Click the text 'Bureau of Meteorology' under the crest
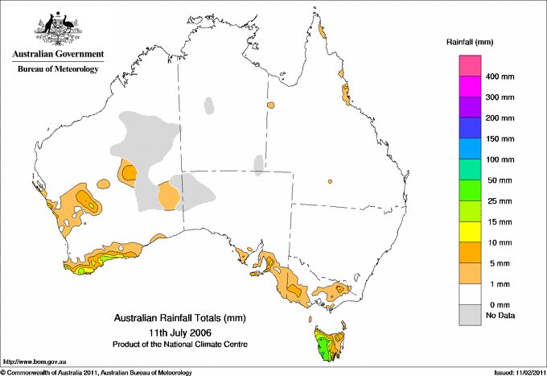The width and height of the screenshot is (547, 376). coord(57,69)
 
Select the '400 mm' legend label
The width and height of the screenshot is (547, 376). coord(500,76)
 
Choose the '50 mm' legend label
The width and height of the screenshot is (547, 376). coord(498,180)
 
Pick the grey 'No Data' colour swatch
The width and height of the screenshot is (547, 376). coord(470,316)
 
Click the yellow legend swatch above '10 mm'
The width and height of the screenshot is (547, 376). coord(470,232)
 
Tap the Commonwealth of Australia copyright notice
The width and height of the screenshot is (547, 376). coord(97,372)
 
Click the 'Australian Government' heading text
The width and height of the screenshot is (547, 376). coord(57,55)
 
